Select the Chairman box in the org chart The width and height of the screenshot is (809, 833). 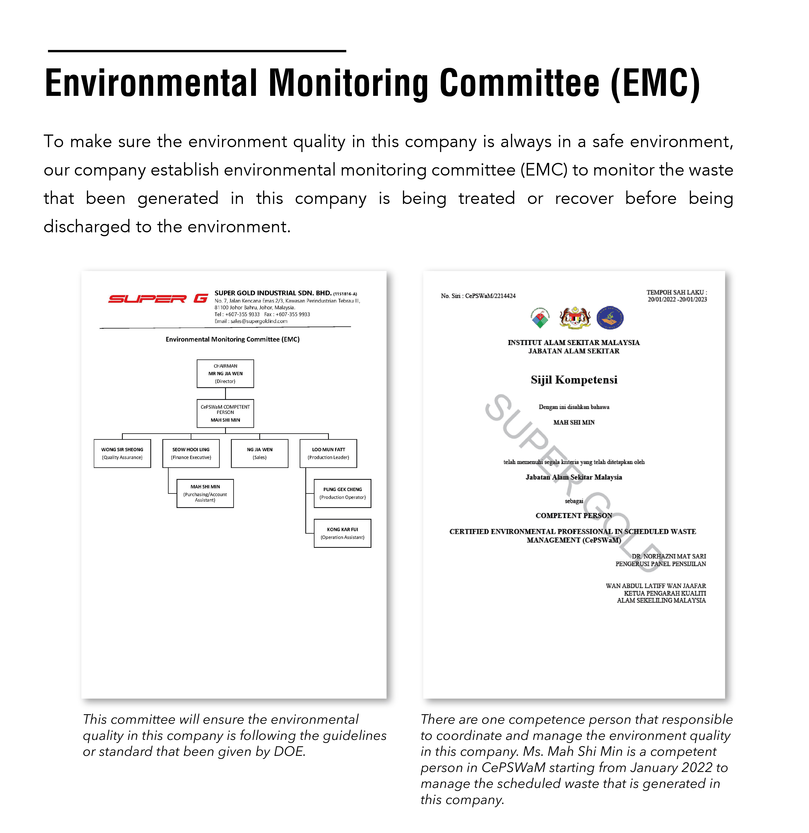[x=225, y=373]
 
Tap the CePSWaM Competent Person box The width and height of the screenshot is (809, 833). [x=225, y=413]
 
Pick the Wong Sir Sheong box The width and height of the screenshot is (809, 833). [x=122, y=453]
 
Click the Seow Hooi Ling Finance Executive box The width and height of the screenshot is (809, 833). [x=191, y=453]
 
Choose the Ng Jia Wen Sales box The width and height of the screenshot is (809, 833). [x=260, y=453]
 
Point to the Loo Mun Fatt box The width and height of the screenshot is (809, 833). [x=328, y=453]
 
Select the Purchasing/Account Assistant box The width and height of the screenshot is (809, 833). [x=205, y=493]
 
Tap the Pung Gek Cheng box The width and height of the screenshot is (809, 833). [x=342, y=493]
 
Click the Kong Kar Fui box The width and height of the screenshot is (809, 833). [x=342, y=533]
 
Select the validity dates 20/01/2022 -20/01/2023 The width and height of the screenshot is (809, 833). [x=677, y=299]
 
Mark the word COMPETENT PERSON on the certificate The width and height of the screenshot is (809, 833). [x=574, y=515]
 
